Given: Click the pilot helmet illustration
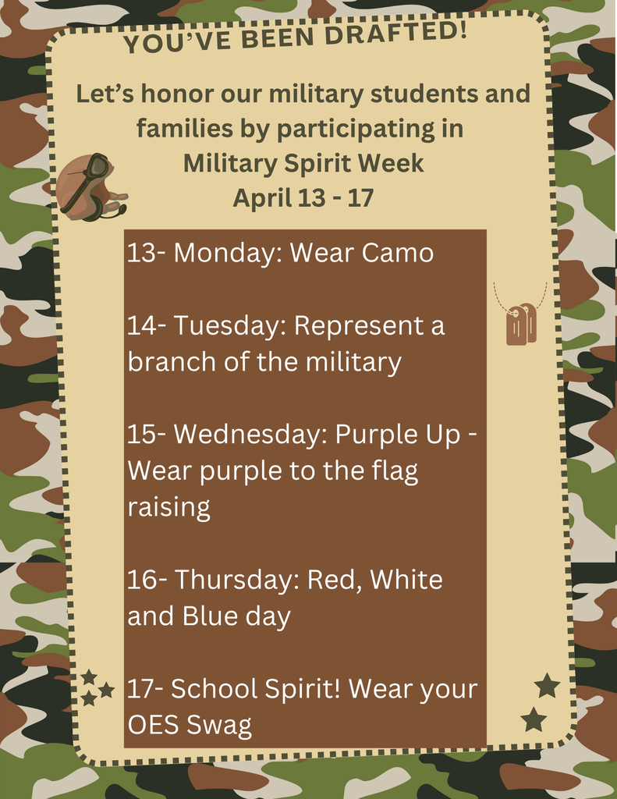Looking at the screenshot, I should (x=90, y=187).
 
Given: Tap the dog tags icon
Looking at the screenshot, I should (x=521, y=323).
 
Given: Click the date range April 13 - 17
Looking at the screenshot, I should (x=303, y=198).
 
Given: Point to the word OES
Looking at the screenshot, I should (x=154, y=725).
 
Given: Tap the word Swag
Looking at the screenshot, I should (x=219, y=726).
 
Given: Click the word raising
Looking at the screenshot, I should (x=168, y=508).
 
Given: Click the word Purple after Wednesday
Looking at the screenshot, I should (x=376, y=435).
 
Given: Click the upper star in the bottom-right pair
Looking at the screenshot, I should (x=547, y=686).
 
